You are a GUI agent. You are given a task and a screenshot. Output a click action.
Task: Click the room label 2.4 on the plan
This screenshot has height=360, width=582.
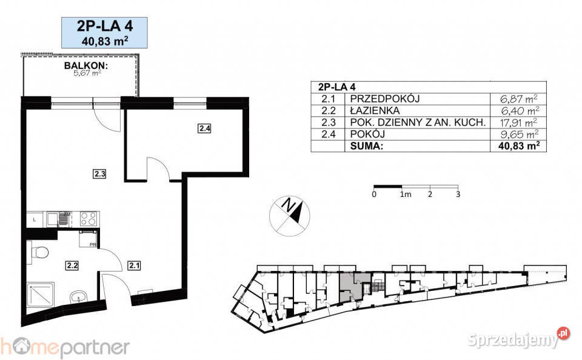pos(204,128)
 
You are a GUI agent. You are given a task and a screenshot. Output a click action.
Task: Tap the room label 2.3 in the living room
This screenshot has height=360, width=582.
pos(99,173)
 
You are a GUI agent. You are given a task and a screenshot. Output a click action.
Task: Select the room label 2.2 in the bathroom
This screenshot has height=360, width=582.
pos(72,265)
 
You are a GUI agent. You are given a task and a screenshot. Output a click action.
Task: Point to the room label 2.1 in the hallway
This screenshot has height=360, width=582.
pos(134,265)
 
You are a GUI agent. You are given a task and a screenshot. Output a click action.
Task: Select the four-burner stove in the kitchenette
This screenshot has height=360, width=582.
pos(89,219)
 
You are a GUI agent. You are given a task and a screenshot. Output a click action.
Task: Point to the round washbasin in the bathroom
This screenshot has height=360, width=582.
pos(78,297)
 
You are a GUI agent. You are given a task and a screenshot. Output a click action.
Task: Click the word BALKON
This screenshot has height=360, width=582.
pos(86,65)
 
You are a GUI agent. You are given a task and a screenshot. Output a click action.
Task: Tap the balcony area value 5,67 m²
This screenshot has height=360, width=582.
pos(87,73)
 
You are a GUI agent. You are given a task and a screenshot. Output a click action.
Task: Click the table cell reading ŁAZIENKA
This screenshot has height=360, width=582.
pos(375,110)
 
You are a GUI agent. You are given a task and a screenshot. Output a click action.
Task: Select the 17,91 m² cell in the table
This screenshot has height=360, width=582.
pos(519,122)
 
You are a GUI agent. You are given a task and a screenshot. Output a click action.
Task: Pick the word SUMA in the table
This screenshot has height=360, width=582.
pos(366,146)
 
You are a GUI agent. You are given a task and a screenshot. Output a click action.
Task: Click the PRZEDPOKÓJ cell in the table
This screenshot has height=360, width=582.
pos(385,99)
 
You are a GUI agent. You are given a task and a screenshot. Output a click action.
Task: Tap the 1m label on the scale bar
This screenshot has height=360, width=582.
pos(406,194)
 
